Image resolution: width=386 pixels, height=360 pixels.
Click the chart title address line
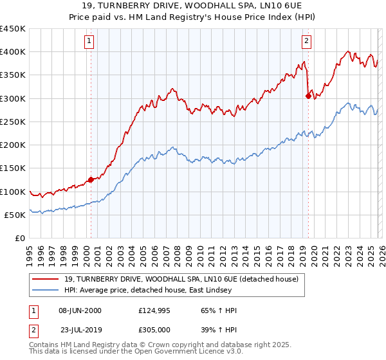point(193,6)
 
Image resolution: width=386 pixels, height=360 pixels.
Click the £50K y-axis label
point(15,215)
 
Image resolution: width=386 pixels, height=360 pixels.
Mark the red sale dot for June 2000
point(91,179)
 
